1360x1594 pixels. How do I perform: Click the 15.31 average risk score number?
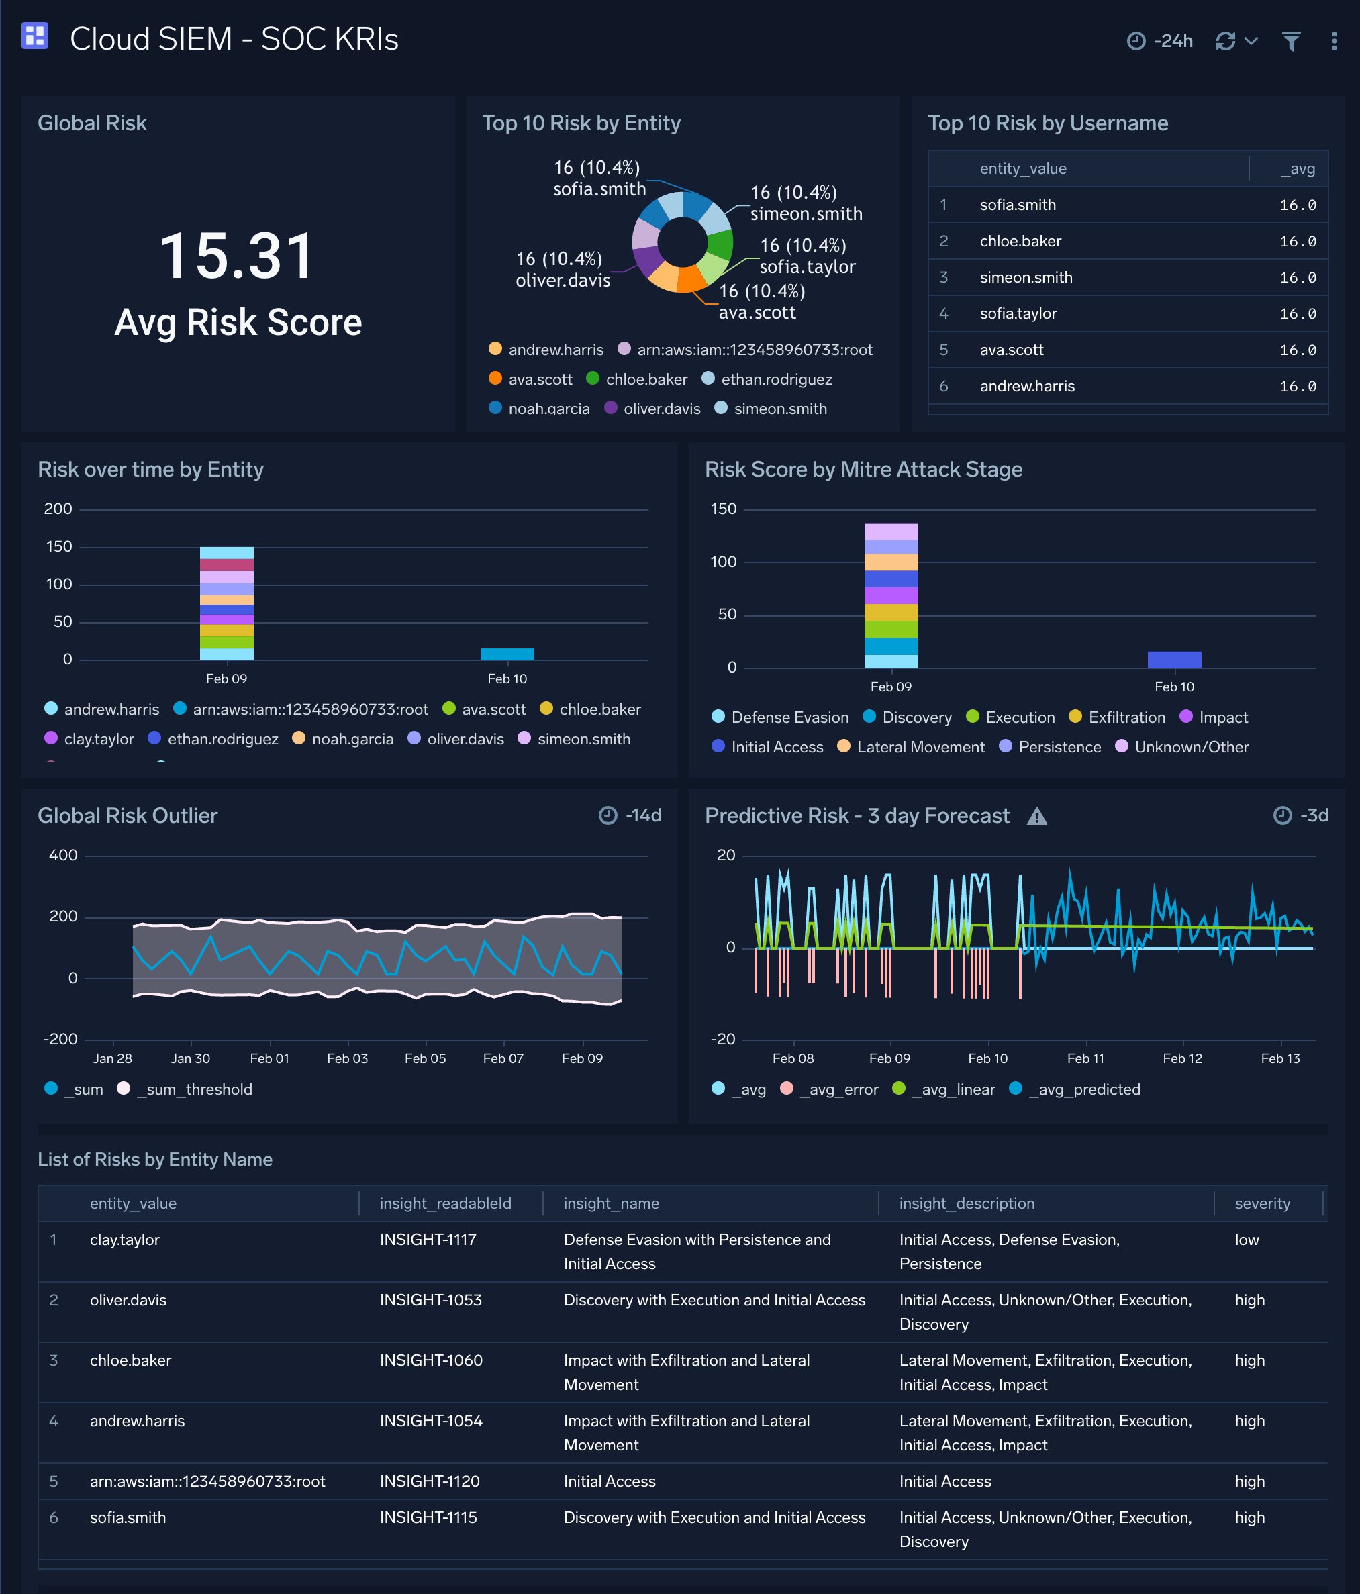click(237, 256)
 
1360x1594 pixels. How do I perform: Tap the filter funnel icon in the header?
click(1291, 41)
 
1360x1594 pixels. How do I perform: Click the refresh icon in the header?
click(1225, 41)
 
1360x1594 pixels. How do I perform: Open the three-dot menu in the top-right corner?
click(1334, 41)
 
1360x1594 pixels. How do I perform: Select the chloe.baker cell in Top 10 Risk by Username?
click(1020, 241)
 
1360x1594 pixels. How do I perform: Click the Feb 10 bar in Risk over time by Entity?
click(507, 654)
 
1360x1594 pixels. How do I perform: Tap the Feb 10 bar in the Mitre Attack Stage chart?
click(1174, 659)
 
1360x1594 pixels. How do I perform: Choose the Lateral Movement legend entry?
click(920, 747)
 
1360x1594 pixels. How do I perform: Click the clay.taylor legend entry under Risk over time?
click(99, 738)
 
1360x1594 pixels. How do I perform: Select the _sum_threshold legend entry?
click(194, 1089)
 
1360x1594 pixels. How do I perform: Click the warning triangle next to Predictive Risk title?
click(1036, 816)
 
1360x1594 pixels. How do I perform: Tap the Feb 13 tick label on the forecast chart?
click(1280, 1058)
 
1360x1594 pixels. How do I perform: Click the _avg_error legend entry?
click(838, 1089)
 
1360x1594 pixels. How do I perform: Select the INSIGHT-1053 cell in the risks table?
click(430, 1299)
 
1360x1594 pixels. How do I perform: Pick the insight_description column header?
click(966, 1203)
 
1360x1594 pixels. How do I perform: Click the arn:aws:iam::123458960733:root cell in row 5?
click(207, 1481)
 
